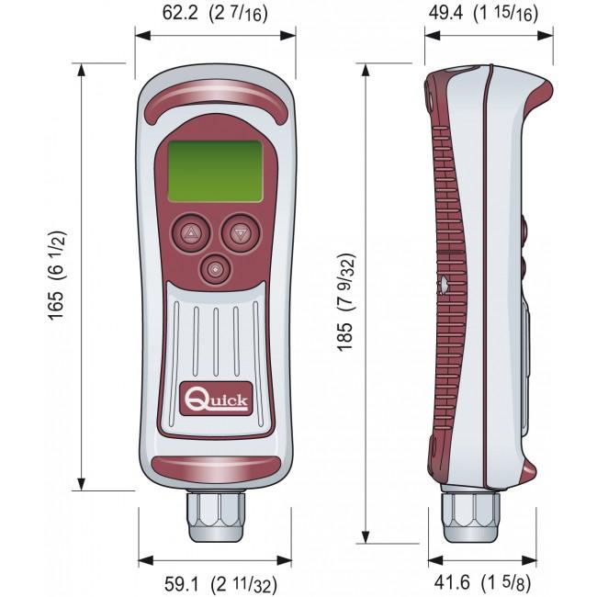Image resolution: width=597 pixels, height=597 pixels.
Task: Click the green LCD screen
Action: click(215, 171)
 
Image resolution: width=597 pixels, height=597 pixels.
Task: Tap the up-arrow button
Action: click(191, 232)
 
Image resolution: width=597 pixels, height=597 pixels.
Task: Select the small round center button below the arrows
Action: click(216, 269)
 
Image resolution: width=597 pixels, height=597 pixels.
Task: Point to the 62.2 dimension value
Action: click(180, 13)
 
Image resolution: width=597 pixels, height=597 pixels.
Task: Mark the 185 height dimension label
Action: click(345, 336)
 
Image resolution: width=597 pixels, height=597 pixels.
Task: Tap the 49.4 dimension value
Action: click(445, 13)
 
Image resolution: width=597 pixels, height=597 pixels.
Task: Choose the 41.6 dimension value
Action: click(452, 582)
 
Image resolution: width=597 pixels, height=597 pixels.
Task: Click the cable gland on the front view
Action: click(216, 516)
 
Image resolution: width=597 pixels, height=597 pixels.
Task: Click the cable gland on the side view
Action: click(470, 515)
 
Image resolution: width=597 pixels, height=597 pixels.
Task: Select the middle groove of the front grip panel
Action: click(216, 342)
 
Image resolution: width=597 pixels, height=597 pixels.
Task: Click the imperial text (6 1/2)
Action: click(57, 256)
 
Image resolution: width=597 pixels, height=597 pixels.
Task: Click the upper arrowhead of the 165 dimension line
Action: click(81, 71)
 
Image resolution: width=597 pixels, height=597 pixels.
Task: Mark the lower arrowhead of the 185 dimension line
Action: click(366, 536)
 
